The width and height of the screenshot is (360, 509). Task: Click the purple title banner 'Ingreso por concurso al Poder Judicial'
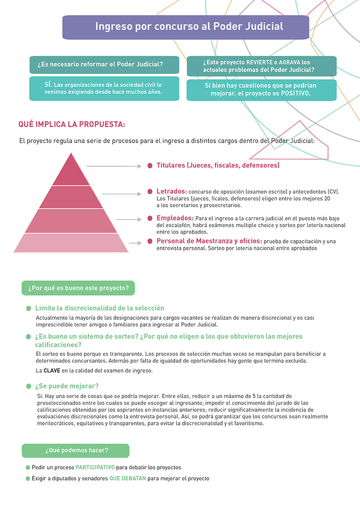tap(186, 27)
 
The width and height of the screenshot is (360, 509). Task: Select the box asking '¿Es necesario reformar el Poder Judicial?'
tap(104, 64)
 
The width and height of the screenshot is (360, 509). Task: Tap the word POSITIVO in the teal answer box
tap(296, 94)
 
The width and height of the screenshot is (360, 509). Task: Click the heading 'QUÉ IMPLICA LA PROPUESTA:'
tap(72, 124)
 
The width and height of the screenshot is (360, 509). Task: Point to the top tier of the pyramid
tap(72, 171)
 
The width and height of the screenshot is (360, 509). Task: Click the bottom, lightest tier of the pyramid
tap(72, 243)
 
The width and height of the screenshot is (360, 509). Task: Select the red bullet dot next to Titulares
tap(150, 166)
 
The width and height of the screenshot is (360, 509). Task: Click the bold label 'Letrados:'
tap(172, 191)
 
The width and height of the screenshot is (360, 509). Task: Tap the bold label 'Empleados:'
tap(175, 218)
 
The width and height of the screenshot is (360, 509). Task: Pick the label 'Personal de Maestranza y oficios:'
tap(209, 241)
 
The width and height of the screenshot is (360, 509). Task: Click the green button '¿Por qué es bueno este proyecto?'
tap(78, 288)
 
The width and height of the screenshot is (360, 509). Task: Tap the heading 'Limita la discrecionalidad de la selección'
tap(99, 308)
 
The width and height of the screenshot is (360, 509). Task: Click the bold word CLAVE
tap(52, 370)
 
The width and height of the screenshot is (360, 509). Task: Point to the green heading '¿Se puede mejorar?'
tap(67, 386)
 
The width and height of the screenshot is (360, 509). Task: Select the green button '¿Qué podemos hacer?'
tap(76, 450)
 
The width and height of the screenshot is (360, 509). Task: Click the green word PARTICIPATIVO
tap(95, 467)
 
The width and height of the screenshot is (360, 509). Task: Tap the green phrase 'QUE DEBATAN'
tap(127, 478)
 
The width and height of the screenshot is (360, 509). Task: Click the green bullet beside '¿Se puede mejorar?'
tap(29, 386)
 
